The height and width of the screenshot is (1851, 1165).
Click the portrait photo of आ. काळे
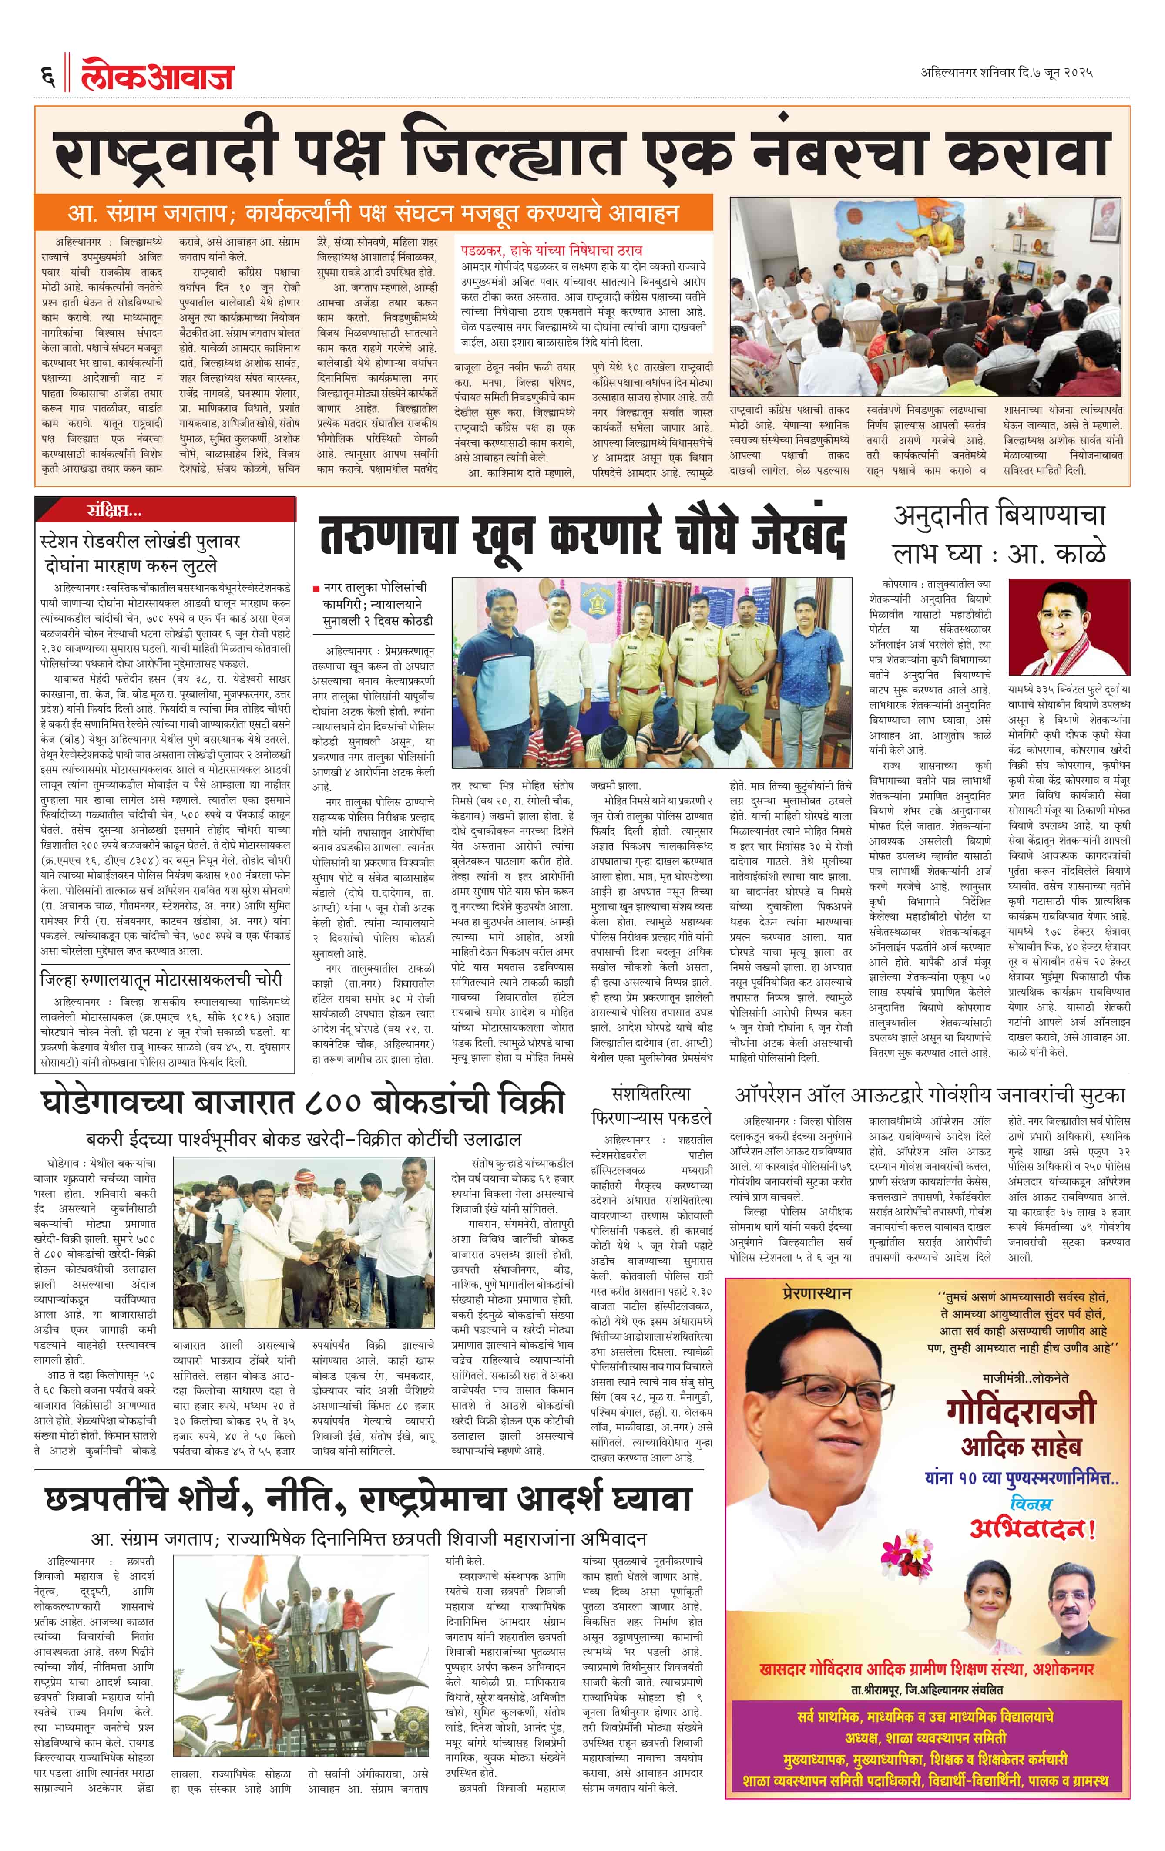(1068, 626)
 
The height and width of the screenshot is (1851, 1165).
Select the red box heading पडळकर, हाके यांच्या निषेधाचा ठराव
(552, 251)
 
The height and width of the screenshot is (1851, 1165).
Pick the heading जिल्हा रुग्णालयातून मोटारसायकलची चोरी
(161, 980)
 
